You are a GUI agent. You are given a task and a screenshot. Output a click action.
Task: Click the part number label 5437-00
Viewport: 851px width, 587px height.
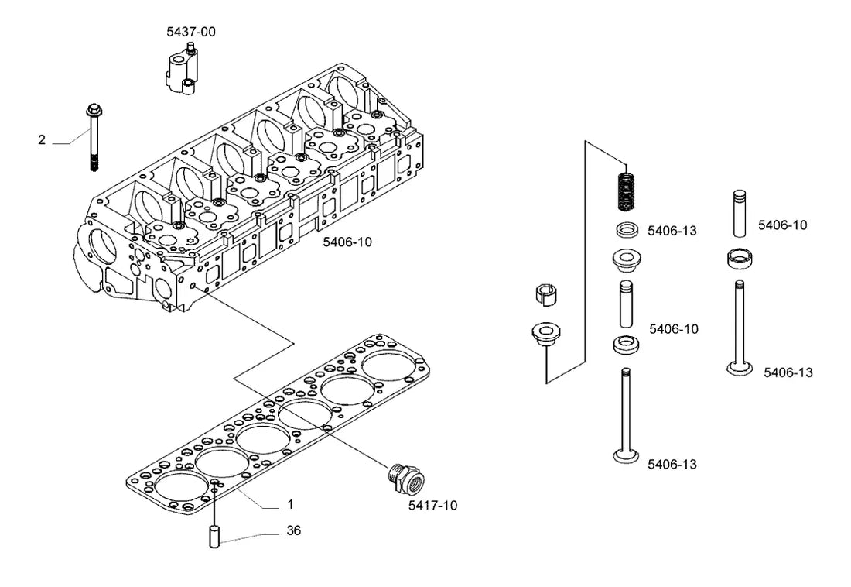click(x=191, y=32)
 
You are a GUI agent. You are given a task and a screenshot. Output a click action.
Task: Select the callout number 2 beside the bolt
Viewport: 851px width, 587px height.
click(x=42, y=140)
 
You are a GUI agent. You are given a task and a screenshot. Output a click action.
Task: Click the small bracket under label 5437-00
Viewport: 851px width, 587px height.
click(x=181, y=71)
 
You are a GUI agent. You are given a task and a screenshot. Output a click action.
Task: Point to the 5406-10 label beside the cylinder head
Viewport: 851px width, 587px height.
click(x=347, y=242)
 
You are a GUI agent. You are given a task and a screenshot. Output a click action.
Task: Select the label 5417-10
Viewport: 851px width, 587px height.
click(x=432, y=506)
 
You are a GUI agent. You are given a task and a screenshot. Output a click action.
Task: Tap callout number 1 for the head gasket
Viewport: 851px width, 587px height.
click(x=290, y=504)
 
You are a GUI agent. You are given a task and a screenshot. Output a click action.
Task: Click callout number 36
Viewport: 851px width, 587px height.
click(x=294, y=530)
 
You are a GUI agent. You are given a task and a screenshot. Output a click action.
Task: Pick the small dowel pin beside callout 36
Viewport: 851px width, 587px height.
click(x=214, y=537)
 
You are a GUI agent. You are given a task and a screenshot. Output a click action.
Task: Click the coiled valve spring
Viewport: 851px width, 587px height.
click(x=627, y=191)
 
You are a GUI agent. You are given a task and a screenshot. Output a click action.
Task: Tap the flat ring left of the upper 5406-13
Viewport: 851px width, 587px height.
click(x=627, y=230)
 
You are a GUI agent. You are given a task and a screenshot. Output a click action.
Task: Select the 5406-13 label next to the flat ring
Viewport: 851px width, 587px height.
click(x=672, y=231)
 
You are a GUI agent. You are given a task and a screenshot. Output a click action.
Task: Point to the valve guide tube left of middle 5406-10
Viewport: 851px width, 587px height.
click(x=627, y=304)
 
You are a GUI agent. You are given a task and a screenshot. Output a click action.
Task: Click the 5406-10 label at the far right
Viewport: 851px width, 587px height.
click(x=783, y=225)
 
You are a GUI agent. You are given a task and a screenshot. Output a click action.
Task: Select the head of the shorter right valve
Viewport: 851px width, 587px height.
click(x=740, y=369)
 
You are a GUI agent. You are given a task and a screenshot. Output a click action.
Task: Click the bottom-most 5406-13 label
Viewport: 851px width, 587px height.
click(x=672, y=465)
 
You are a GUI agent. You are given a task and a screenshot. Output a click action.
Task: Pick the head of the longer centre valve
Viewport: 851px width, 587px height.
click(x=627, y=457)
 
